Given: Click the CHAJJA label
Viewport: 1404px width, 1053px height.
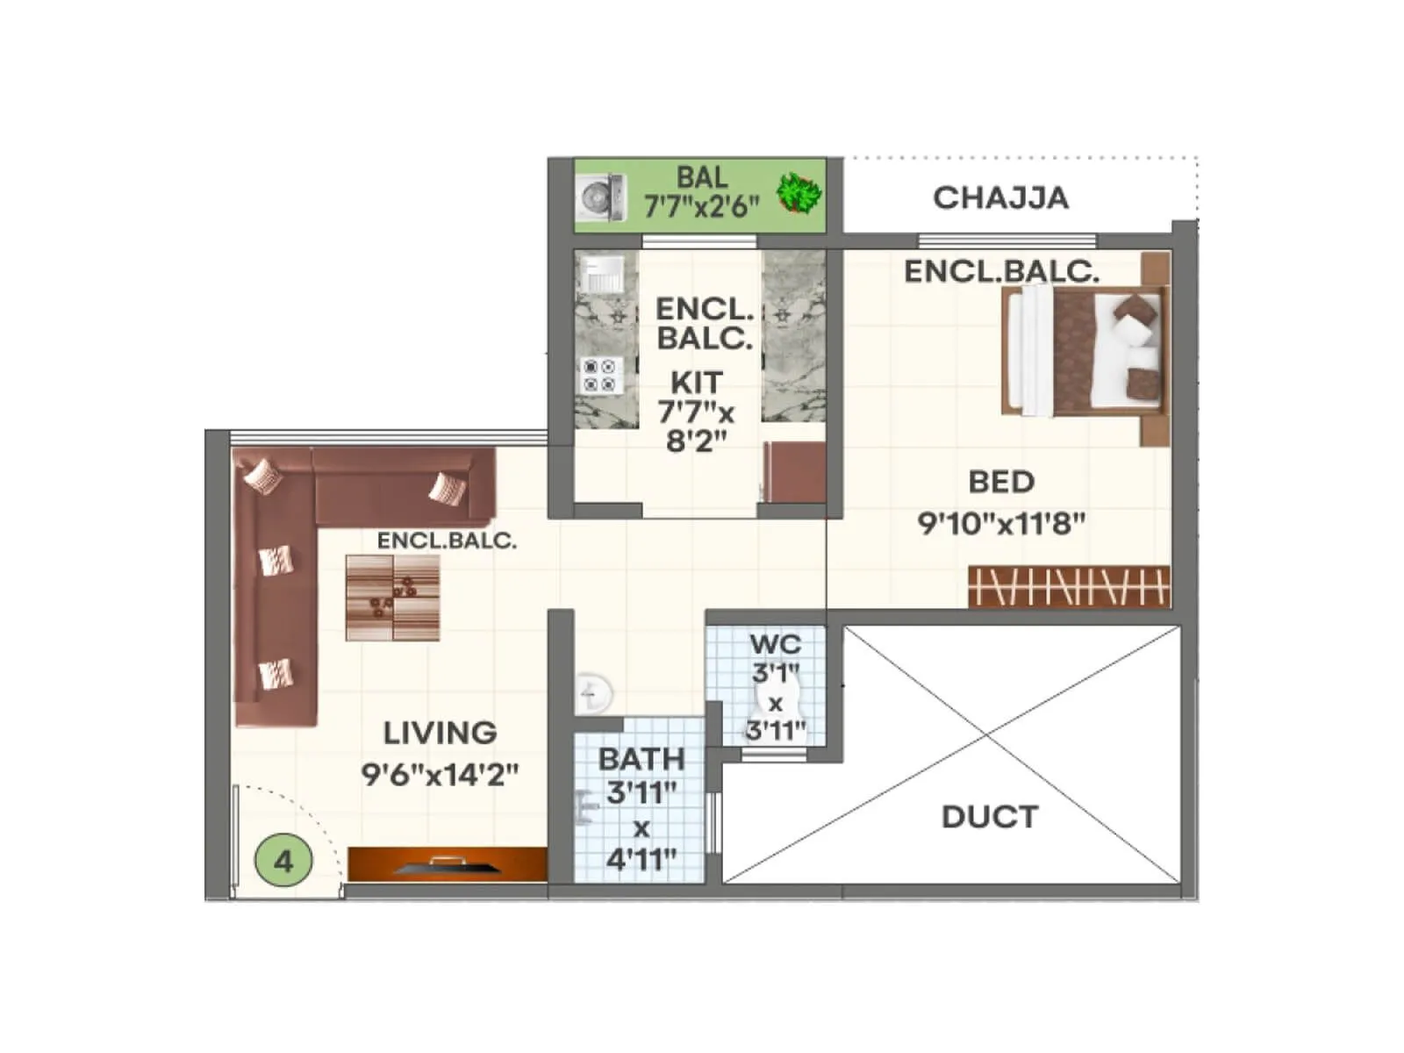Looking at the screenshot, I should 1000,198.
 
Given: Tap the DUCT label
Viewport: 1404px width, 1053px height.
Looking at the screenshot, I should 989,817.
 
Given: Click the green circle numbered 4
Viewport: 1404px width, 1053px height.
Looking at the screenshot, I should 283,862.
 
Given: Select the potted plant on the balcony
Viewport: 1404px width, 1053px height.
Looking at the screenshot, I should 799,193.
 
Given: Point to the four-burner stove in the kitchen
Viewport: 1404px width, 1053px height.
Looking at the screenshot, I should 602,376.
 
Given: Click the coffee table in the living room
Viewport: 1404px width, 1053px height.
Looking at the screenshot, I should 392,598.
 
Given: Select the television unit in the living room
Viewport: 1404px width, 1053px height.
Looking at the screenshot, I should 448,864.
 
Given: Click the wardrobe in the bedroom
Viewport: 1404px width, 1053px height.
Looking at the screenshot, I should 1069,586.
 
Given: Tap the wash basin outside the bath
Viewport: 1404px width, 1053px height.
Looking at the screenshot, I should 593,694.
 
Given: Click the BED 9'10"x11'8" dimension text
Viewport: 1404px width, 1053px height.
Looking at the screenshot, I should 1001,524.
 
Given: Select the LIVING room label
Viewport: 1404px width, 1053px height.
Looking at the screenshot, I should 440,733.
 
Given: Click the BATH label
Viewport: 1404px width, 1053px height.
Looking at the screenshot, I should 641,759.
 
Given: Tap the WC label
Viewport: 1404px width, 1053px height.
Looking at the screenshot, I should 775,645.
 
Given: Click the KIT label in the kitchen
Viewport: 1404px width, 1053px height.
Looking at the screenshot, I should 697,383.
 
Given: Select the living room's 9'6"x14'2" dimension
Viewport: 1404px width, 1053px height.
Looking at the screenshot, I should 440,775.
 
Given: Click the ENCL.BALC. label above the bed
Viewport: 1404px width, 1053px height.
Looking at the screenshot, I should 1001,272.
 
